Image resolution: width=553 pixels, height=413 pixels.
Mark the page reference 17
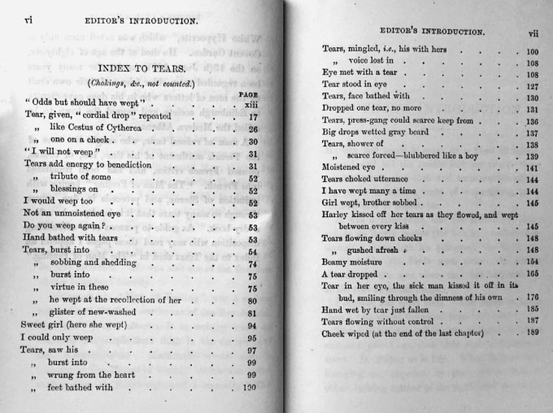click(252, 116)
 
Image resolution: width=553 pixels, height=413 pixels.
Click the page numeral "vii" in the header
click(533, 34)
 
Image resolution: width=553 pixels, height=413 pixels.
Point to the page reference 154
click(533, 262)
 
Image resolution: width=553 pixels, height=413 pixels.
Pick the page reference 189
click(533, 333)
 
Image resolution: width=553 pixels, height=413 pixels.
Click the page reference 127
click(533, 85)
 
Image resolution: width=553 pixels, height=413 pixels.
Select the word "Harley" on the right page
click(337, 215)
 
